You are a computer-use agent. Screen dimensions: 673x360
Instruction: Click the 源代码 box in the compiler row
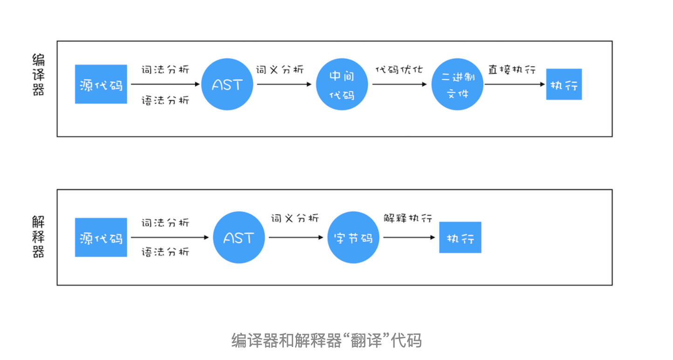(x=101, y=84)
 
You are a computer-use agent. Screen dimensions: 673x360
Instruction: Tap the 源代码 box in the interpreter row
(x=101, y=237)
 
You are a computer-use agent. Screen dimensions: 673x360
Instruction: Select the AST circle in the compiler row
(x=227, y=84)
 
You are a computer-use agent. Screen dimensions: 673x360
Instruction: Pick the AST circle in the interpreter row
(x=239, y=237)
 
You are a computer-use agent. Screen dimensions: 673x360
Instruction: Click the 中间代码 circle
(x=342, y=84)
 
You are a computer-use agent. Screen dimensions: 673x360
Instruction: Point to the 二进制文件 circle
(x=457, y=84)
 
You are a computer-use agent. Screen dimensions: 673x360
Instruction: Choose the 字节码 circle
(x=353, y=237)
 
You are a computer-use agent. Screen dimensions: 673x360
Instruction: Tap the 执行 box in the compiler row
(x=564, y=84)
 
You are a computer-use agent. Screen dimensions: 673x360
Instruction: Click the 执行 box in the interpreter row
(x=460, y=237)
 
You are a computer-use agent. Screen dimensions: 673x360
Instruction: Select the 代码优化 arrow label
(x=399, y=70)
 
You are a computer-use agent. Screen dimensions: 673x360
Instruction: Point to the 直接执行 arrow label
(x=512, y=70)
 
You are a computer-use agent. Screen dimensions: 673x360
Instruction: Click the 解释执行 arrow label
(x=408, y=218)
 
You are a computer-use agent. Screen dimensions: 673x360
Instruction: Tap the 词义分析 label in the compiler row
(x=280, y=70)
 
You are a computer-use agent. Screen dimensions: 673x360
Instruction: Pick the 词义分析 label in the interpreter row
(x=295, y=218)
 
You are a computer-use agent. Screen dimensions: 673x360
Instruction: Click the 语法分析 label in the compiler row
(x=165, y=100)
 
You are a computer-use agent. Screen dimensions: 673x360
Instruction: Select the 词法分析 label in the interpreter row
(x=165, y=223)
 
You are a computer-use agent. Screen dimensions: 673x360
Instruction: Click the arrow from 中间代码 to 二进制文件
(x=399, y=84)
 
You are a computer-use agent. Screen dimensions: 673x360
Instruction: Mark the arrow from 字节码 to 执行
(x=409, y=237)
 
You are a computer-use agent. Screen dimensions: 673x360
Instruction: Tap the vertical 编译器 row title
(x=39, y=75)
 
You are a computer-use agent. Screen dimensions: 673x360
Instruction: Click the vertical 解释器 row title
(x=39, y=237)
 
